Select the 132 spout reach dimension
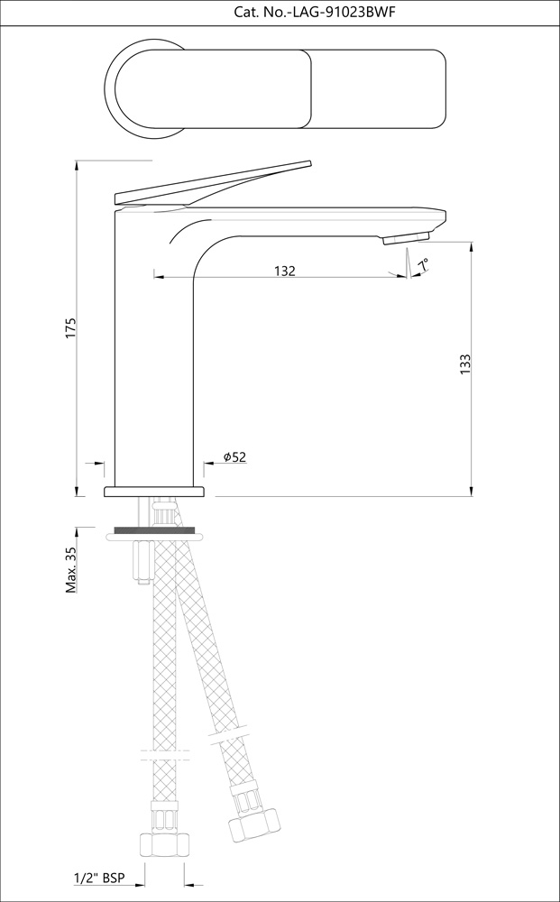pos(284,271)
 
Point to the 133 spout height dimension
pos(465,364)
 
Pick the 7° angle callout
pos(422,263)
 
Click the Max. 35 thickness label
pos(71,570)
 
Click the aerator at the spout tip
pos(404,238)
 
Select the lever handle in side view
pos(216,180)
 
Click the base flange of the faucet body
pos(154,492)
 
